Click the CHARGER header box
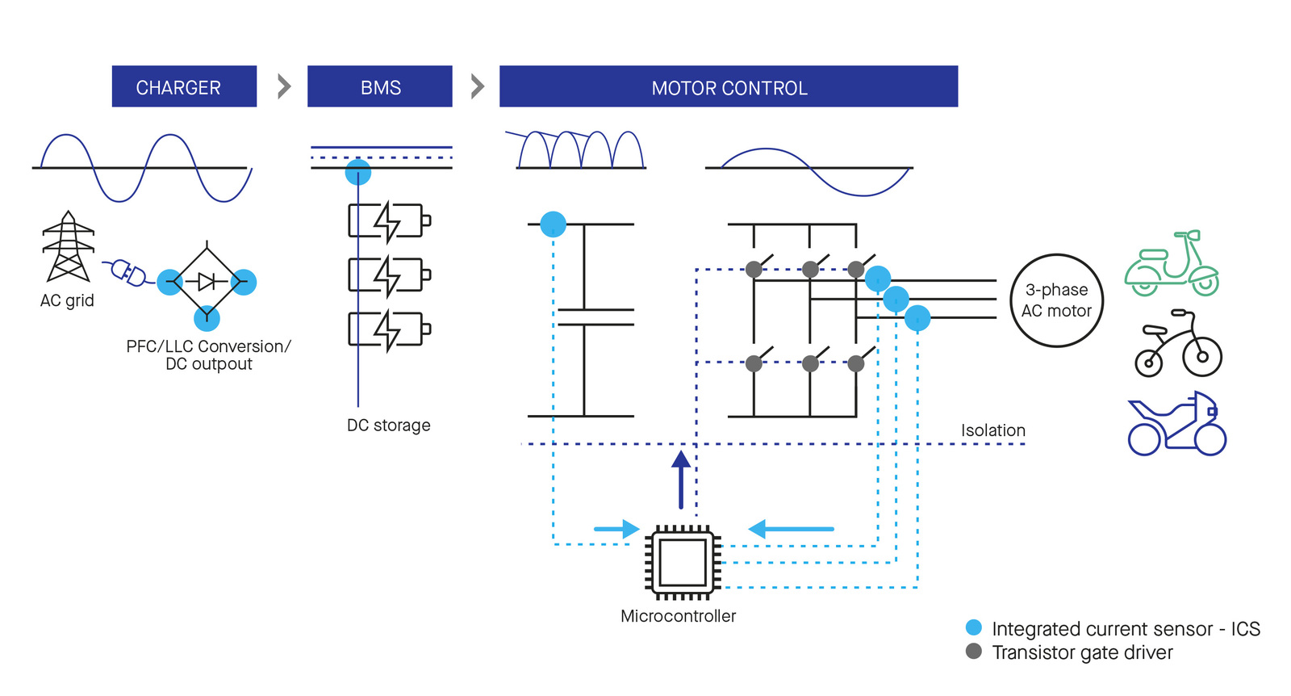[x=184, y=86]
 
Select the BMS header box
[x=380, y=86]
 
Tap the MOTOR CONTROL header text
[x=729, y=88]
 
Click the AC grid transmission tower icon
[x=68, y=246]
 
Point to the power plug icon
[x=128, y=272]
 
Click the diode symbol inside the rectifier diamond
[x=206, y=282]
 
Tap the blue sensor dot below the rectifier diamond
[x=207, y=318]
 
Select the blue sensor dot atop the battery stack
[x=358, y=172]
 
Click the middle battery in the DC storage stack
[x=389, y=275]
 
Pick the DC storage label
[x=388, y=425]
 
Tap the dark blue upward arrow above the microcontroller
[x=681, y=479]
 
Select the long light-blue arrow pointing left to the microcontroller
[x=791, y=529]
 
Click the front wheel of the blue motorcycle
[x=1210, y=440]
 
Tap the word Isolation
[x=993, y=430]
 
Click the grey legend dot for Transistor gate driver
[x=973, y=652]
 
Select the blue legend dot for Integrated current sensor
[x=973, y=627]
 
